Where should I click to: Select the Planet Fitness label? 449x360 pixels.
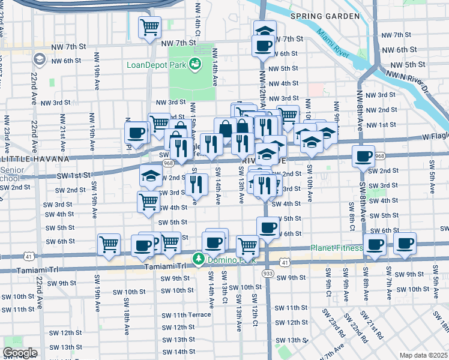336,248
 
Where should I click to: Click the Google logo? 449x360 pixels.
20,353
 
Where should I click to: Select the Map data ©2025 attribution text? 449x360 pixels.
423,355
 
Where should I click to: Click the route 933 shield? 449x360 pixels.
268,273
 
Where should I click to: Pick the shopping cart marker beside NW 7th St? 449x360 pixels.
149,27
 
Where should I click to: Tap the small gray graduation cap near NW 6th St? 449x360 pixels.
40,59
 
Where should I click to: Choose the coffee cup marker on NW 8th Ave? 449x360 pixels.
363,157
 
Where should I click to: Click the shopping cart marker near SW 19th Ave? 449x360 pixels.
109,244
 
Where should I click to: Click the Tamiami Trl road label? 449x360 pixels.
164,266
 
